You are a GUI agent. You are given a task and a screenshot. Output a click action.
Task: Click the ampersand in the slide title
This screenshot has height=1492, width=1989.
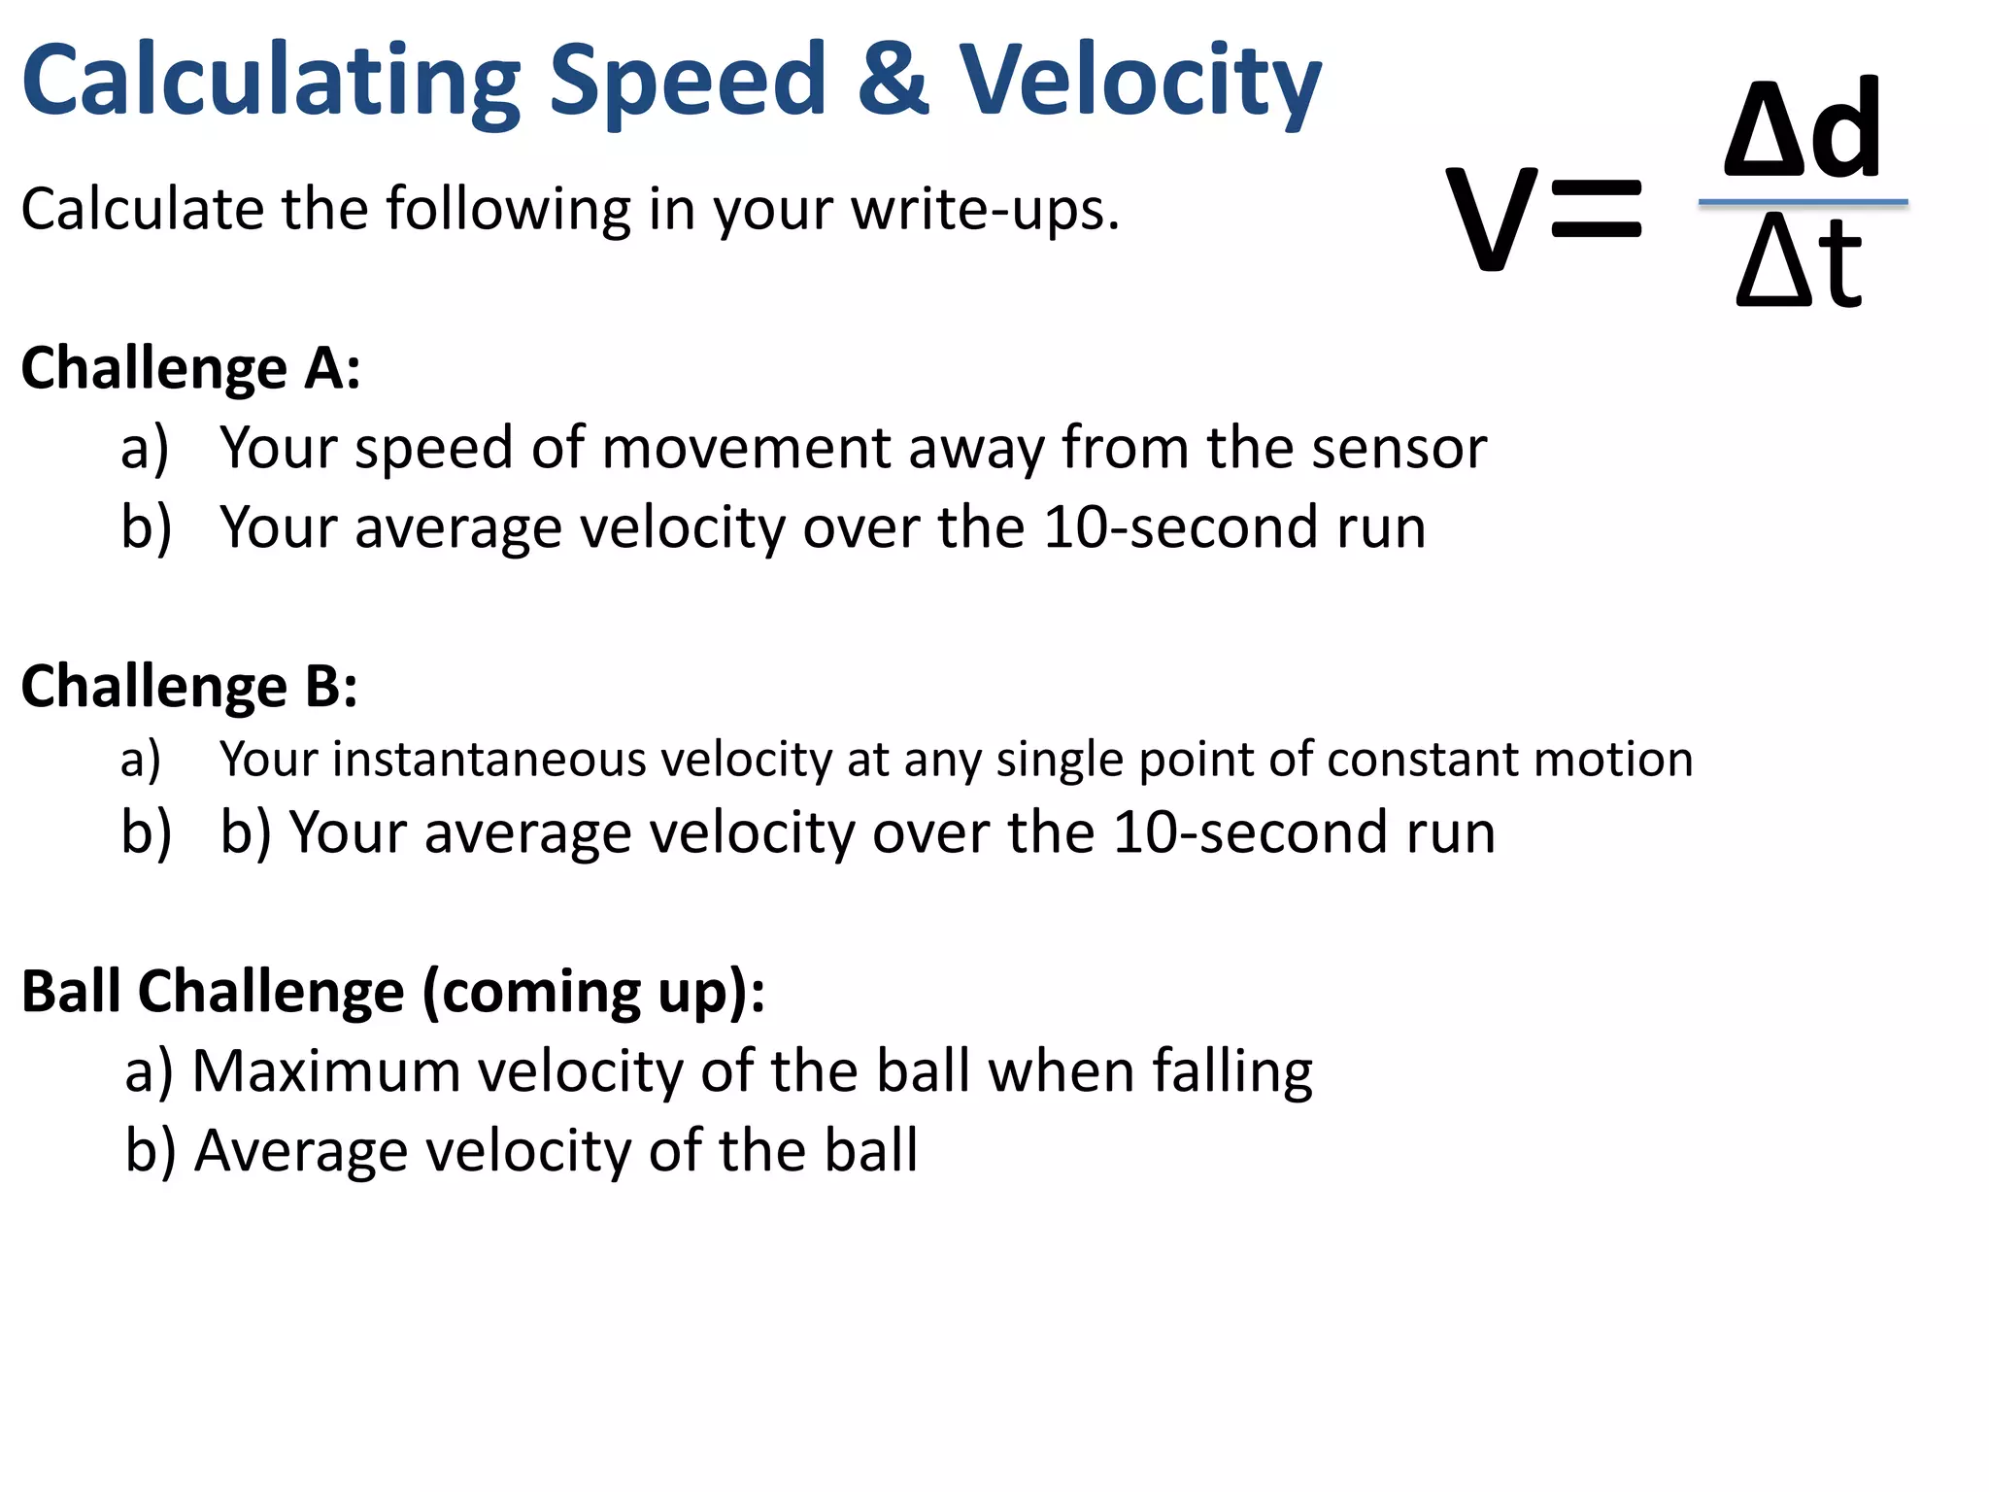pos(893,80)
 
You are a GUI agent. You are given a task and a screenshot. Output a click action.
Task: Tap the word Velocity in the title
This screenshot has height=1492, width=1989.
pos(1140,83)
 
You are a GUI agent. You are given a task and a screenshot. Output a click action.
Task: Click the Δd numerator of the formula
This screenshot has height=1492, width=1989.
pos(1802,129)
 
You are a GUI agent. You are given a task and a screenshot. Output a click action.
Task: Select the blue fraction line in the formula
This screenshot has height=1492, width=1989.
pos(1803,202)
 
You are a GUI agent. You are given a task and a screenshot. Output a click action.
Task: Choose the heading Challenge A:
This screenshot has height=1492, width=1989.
pos(191,369)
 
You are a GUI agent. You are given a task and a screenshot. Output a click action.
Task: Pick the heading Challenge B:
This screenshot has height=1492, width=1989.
pos(189,687)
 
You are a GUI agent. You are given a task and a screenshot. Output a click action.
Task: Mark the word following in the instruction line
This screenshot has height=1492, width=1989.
pos(508,210)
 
